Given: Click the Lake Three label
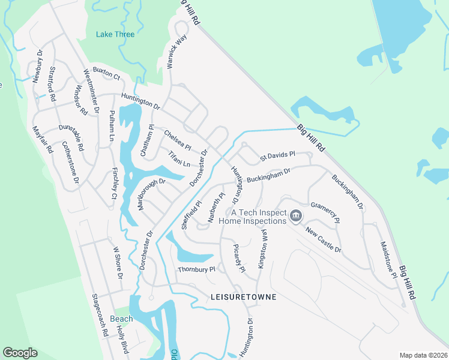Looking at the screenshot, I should coord(115,34).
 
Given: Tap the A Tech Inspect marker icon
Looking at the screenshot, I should coord(295,215).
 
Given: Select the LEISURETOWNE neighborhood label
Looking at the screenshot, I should coord(243,297).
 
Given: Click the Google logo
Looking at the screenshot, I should coord(20,353).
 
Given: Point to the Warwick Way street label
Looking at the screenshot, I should coord(177,51).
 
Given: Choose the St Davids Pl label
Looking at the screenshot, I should coord(277,157).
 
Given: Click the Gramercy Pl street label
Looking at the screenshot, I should coord(325,212).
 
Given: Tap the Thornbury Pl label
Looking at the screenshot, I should coord(196,270).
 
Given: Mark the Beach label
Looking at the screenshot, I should coord(121,319).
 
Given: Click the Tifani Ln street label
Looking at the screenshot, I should coord(178,159).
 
